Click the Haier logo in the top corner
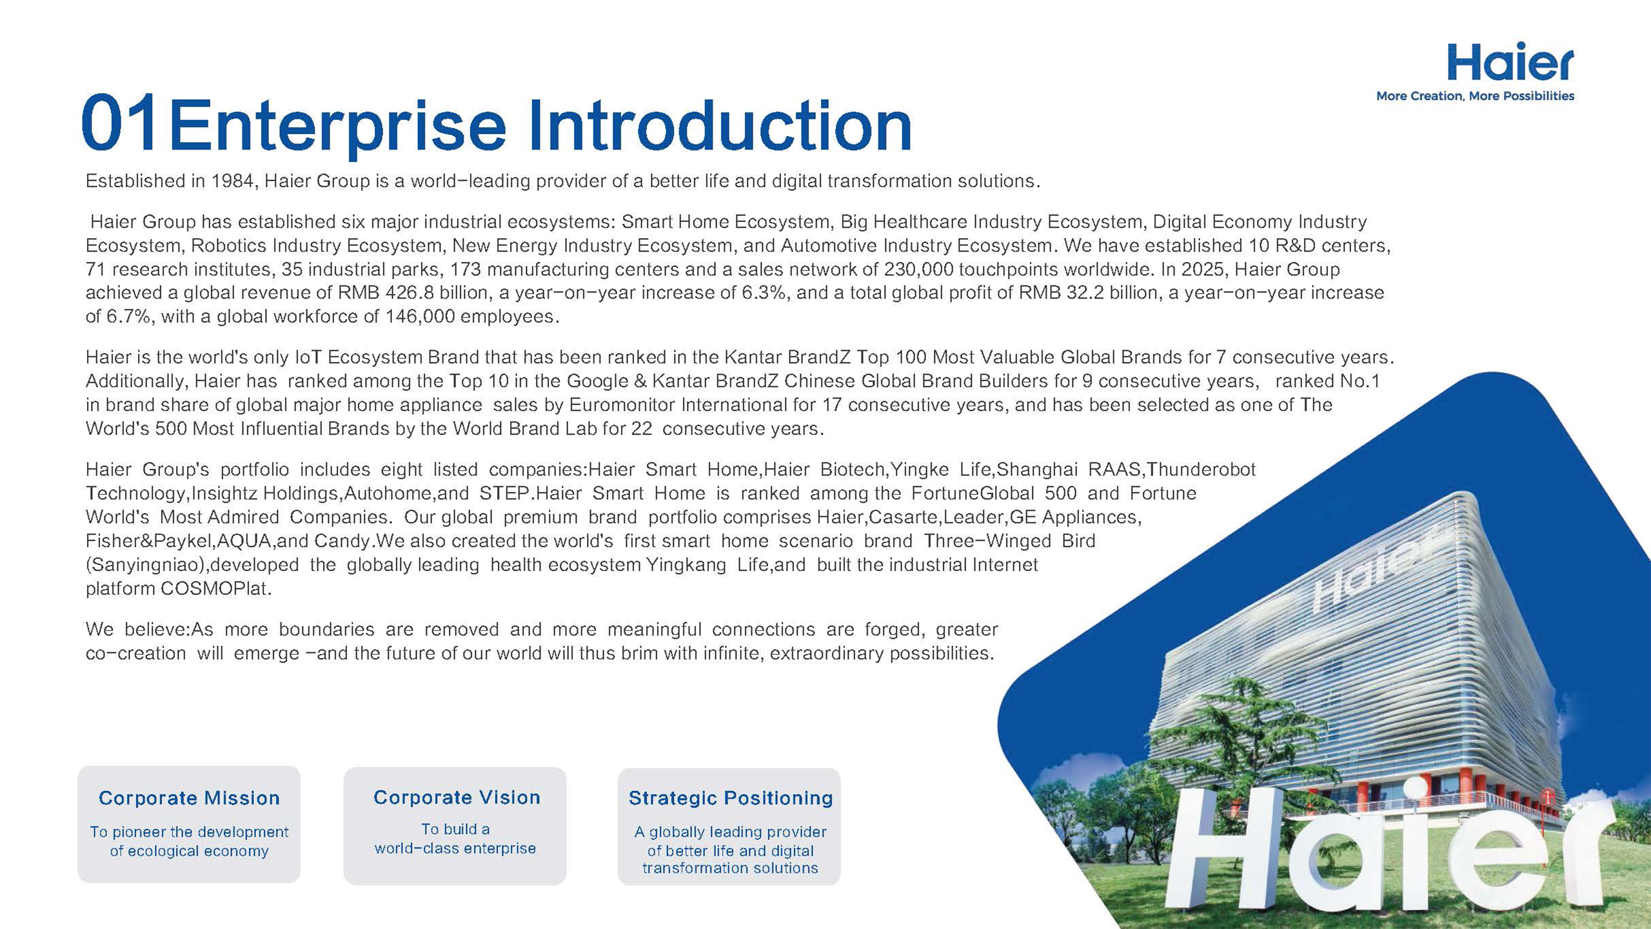tap(1510, 63)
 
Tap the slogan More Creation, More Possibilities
tap(1475, 96)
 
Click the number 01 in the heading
tap(120, 123)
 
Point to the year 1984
tap(233, 181)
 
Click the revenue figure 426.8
tap(410, 293)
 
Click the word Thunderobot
tap(1201, 470)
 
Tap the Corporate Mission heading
tap(189, 798)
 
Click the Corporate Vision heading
tap(457, 797)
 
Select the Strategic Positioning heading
tap(731, 798)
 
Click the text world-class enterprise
tap(455, 848)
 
